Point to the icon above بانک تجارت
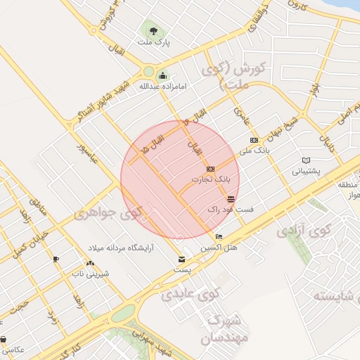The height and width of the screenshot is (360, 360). tap(210, 169)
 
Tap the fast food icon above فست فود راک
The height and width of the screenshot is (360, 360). tap(231, 200)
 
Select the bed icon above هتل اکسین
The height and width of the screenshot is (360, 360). tap(219, 237)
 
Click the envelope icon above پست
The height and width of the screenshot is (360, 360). tap(182, 260)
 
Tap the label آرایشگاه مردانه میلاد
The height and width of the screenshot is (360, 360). tap(121, 249)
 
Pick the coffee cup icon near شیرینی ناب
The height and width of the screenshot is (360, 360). tap(56, 259)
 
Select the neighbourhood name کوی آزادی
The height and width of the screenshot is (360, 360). tap(303, 230)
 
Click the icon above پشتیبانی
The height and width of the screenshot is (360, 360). tap(305, 160)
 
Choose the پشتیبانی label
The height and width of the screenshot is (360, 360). tap(306, 170)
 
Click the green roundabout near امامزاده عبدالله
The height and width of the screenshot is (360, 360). tap(148, 71)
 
